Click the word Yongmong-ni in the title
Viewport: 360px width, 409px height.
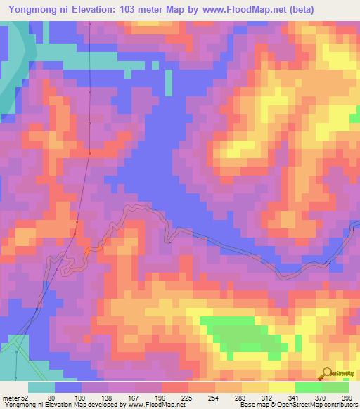[x=39, y=9]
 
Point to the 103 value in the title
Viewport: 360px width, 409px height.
[x=133, y=9]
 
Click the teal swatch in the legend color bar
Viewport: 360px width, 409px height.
[x=41, y=387]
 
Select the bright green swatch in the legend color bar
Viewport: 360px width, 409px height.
[x=308, y=387]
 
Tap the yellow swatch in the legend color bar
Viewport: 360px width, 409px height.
[x=281, y=387]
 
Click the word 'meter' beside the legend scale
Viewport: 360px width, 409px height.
[x=11, y=397]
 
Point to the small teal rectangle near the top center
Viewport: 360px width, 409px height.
[x=168, y=83]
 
